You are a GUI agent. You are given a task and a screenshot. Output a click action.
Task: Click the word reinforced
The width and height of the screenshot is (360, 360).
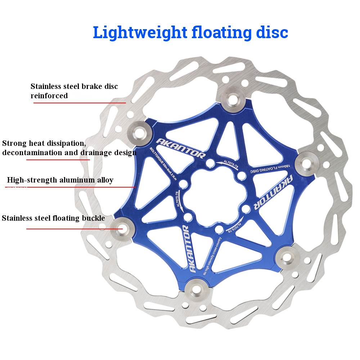[49, 96]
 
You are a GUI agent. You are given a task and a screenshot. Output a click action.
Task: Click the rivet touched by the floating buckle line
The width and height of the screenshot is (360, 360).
[119, 227]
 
